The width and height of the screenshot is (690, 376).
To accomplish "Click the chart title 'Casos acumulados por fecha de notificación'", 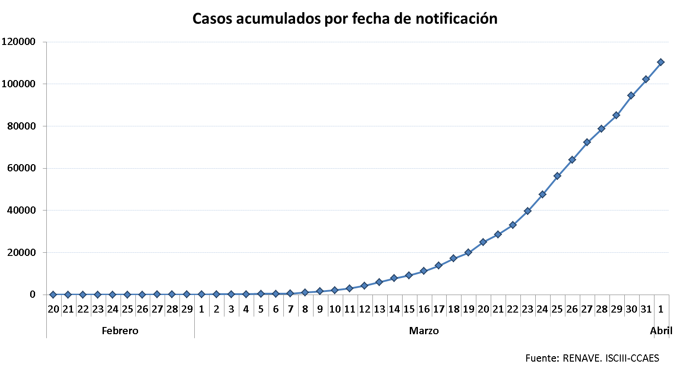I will tap(345, 19).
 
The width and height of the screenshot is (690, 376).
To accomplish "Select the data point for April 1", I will tap(661, 62).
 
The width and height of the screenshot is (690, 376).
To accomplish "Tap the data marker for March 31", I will tap(646, 79).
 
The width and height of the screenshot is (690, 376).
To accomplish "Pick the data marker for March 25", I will tap(557, 176).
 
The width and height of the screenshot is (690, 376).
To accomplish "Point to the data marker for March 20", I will tap(483, 242).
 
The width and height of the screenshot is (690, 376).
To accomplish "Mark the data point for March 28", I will tap(601, 129).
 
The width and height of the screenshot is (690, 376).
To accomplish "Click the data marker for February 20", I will tap(53, 295).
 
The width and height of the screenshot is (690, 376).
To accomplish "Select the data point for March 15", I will tap(409, 275).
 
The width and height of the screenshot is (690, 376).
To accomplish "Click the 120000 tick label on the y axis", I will tap(18, 42).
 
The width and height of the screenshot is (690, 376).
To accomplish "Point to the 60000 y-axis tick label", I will tap(21, 168).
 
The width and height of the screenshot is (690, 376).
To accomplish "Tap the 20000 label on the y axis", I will tap(21, 252).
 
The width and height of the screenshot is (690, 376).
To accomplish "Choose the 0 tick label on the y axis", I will tap(32, 295).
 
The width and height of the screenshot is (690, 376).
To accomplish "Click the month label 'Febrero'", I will tap(120, 331).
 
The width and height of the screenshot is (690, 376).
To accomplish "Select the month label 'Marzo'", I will tap(424, 331).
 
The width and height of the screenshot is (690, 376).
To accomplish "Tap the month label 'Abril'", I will tap(661, 331).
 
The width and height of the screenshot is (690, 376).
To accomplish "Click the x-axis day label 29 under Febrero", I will tap(187, 309).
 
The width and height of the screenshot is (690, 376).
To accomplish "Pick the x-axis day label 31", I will tap(646, 309).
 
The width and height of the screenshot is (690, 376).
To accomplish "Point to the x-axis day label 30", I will tap(632, 309).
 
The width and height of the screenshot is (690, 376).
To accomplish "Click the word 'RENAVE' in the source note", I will tap(582, 358).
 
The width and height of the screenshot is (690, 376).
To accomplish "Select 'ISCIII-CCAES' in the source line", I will tap(632, 358).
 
